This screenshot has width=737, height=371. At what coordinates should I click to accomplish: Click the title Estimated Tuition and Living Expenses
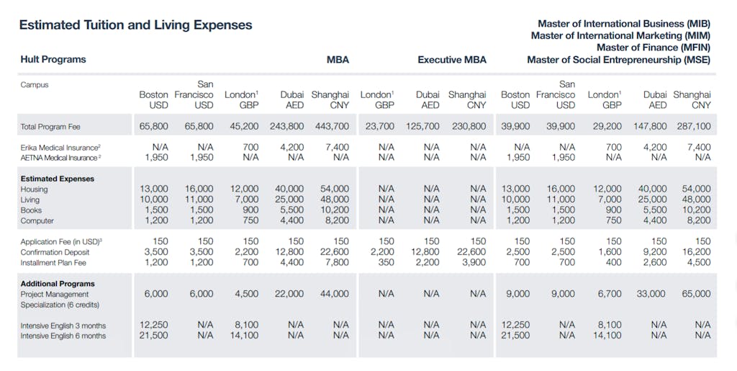point(135,25)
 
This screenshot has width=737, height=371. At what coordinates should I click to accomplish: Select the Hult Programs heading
point(53,60)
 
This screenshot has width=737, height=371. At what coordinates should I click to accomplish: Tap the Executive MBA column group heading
point(452,60)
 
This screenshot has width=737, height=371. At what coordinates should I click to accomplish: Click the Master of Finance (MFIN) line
point(654,48)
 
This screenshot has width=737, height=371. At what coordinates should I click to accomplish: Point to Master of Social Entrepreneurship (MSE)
point(618,60)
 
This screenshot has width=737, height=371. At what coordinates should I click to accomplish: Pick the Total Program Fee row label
point(50,127)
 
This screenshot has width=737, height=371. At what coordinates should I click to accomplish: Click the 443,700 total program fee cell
point(332,127)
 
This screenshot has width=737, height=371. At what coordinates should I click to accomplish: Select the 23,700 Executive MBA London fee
point(377,127)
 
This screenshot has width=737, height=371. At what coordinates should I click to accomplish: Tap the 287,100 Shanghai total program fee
point(693,127)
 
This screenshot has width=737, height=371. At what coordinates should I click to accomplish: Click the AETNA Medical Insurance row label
point(60,157)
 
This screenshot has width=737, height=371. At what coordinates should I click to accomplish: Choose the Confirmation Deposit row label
point(55,252)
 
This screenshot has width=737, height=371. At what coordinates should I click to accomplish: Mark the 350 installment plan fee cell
point(386,263)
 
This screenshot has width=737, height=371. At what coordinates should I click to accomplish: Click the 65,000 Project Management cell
point(695,294)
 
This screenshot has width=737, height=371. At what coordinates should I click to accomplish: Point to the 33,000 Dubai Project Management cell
point(651,294)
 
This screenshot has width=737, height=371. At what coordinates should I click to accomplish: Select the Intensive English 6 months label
point(63,336)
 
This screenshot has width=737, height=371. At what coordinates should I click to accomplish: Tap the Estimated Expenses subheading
point(57,179)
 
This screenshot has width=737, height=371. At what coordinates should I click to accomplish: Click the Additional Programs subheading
point(57,284)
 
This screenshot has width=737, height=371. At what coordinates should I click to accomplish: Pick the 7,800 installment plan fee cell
point(337,263)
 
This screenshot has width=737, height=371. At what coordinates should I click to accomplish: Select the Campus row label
point(35,84)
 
